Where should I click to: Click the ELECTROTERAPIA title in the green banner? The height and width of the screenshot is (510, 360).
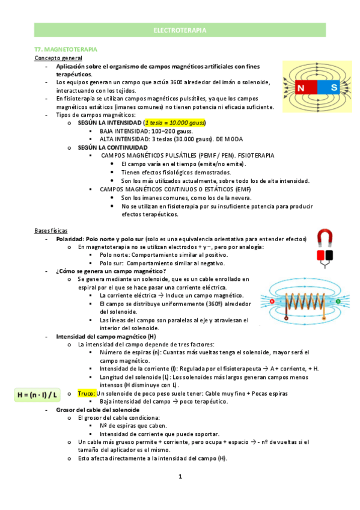(180, 29)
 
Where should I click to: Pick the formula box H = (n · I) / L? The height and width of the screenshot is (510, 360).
(38, 395)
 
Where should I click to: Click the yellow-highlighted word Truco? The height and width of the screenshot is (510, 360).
(87, 393)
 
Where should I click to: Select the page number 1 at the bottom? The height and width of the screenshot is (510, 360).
(180, 477)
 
